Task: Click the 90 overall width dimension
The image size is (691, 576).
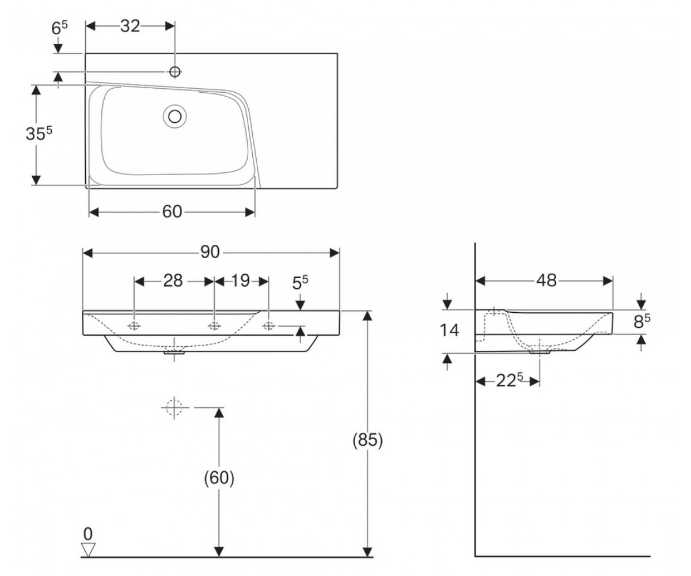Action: tap(210, 253)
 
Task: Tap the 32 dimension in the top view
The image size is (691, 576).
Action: tap(130, 26)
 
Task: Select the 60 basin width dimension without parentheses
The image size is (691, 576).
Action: tap(172, 212)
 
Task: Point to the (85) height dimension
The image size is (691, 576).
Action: tap(368, 441)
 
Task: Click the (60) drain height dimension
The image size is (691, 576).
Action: tap(219, 478)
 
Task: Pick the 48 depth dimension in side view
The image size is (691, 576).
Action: tap(546, 281)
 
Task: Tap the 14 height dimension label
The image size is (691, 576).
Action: tap(449, 331)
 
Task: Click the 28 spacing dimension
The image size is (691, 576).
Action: tap(173, 281)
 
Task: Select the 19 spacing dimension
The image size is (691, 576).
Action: tap(240, 281)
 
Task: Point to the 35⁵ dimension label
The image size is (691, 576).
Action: tap(39, 134)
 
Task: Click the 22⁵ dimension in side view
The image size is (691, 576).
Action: tap(510, 381)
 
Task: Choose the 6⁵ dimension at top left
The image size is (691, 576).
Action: tap(59, 28)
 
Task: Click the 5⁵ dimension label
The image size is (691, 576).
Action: tap(300, 283)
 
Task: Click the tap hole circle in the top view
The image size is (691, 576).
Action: tap(174, 71)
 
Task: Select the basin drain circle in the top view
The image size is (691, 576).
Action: tap(174, 116)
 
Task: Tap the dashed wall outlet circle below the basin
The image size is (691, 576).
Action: tap(174, 407)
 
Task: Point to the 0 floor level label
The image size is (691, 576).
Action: tap(88, 533)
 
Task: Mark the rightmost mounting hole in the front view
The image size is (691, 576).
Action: tap(268, 326)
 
